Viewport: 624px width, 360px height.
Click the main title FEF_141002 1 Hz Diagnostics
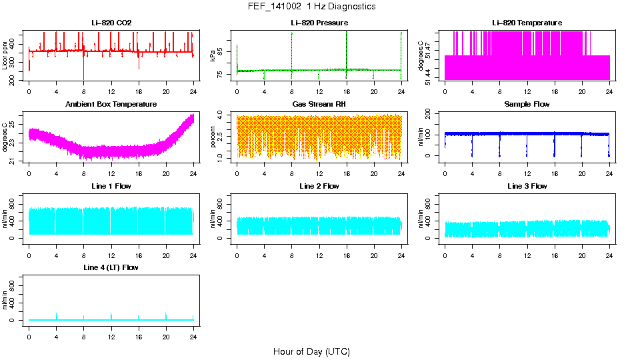tap(311, 7)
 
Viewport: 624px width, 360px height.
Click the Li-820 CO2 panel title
tap(111, 23)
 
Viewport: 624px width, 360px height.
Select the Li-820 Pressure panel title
tap(319, 23)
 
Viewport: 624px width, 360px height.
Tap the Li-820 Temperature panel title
tap(527, 23)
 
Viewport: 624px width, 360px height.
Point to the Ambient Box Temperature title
tap(111, 105)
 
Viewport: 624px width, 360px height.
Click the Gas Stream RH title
tap(319, 105)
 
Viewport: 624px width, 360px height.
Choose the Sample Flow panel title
tap(527, 105)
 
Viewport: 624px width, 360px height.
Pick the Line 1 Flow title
tap(111, 186)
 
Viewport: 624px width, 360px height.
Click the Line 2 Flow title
tap(319, 186)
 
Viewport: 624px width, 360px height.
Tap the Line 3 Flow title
tap(527, 186)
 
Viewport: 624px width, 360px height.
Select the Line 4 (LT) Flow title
tap(111, 267)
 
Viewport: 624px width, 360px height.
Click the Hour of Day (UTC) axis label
tap(311, 351)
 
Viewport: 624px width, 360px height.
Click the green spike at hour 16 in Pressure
tap(347, 47)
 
